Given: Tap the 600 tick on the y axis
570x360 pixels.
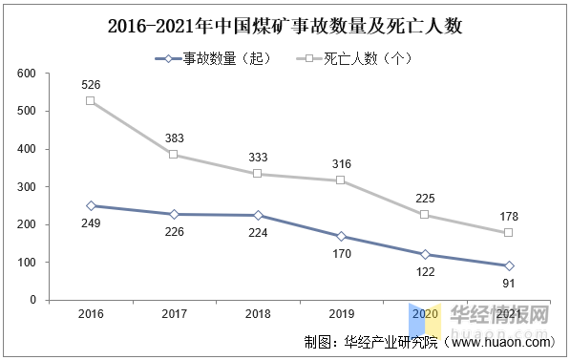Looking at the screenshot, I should click(x=27, y=74).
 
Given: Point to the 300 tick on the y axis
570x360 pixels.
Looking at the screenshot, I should click(x=27, y=187).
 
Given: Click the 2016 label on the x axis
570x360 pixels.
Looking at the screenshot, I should click(x=91, y=314).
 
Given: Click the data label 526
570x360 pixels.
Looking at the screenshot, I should click(x=91, y=84).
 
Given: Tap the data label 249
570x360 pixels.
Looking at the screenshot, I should click(x=91, y=222).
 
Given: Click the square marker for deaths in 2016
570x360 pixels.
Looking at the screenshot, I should click(x=91, y=101).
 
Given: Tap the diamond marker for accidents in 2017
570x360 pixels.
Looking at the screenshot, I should click(x=173, y=215).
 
